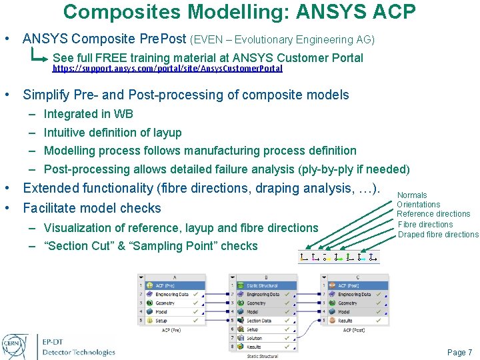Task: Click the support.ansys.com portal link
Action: pos(167,69)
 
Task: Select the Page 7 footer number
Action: pos(459,353)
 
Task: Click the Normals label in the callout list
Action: pos(411,195)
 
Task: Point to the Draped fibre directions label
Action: pos(438,235)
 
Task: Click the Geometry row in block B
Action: pos(256,303)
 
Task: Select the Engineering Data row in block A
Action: pos(171,294)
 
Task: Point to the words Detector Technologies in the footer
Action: pos(79,352)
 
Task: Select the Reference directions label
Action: pos(433,214)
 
